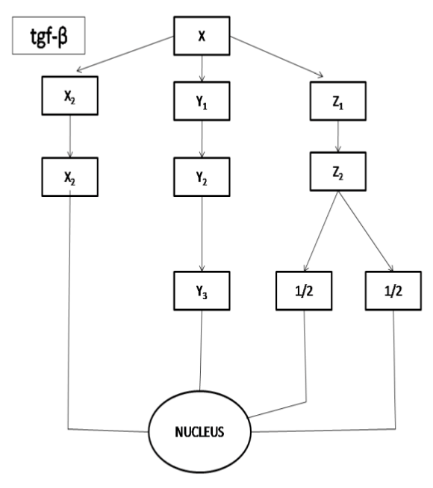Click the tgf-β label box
[49, 36]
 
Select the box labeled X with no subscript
[202, 36]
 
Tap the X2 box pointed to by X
[69, 96]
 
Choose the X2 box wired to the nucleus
[69, 177]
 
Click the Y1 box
[202, 101]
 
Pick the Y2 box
[202, 177]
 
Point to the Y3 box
[202, 291]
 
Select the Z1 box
[337, 101]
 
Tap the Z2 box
[337, 171]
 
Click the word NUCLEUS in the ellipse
[199, 432]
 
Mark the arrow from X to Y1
[202, 69]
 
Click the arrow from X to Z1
[276, 56]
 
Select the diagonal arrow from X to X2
[125, 54]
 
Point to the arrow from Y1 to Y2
[202, 139]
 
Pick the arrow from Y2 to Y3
[202, 234]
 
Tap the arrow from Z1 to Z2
[338, 137]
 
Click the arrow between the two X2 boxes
[70, 137]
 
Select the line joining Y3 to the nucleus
[201, 351]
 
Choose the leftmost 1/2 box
[304, 291]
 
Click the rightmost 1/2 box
[393, 291]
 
